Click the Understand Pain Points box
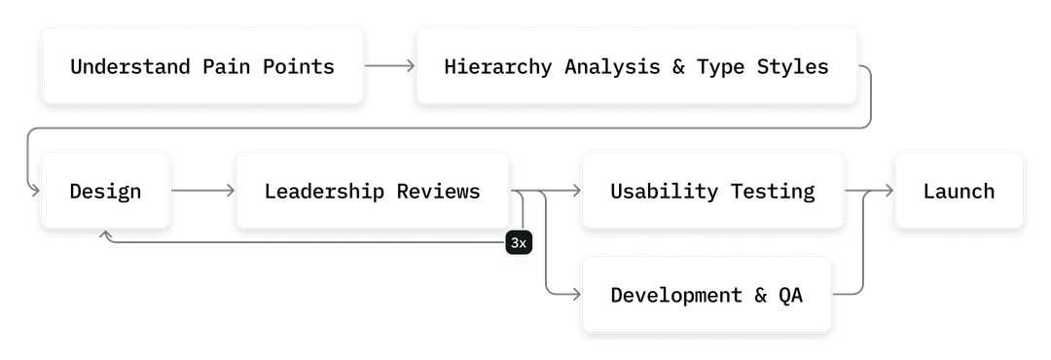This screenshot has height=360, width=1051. click(x=201, y=67)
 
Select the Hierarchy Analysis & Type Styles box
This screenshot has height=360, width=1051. click(x=636, y=67)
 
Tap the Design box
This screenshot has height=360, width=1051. click(x=105, y=191)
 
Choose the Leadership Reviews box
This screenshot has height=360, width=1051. click(x=372, y=191)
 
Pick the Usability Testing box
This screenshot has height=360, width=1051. click(x=711, y=191)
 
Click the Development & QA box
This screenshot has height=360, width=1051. click(x=707, y=295)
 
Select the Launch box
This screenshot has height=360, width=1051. click(x=959, y=191)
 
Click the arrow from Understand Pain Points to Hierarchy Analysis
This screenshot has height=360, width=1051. click(x=390, y=67)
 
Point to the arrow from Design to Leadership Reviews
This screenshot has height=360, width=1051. click(x=204, y=191)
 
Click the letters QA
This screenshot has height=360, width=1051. click(x=790, y=295)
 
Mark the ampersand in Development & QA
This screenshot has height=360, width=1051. click(x=760, y=295)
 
